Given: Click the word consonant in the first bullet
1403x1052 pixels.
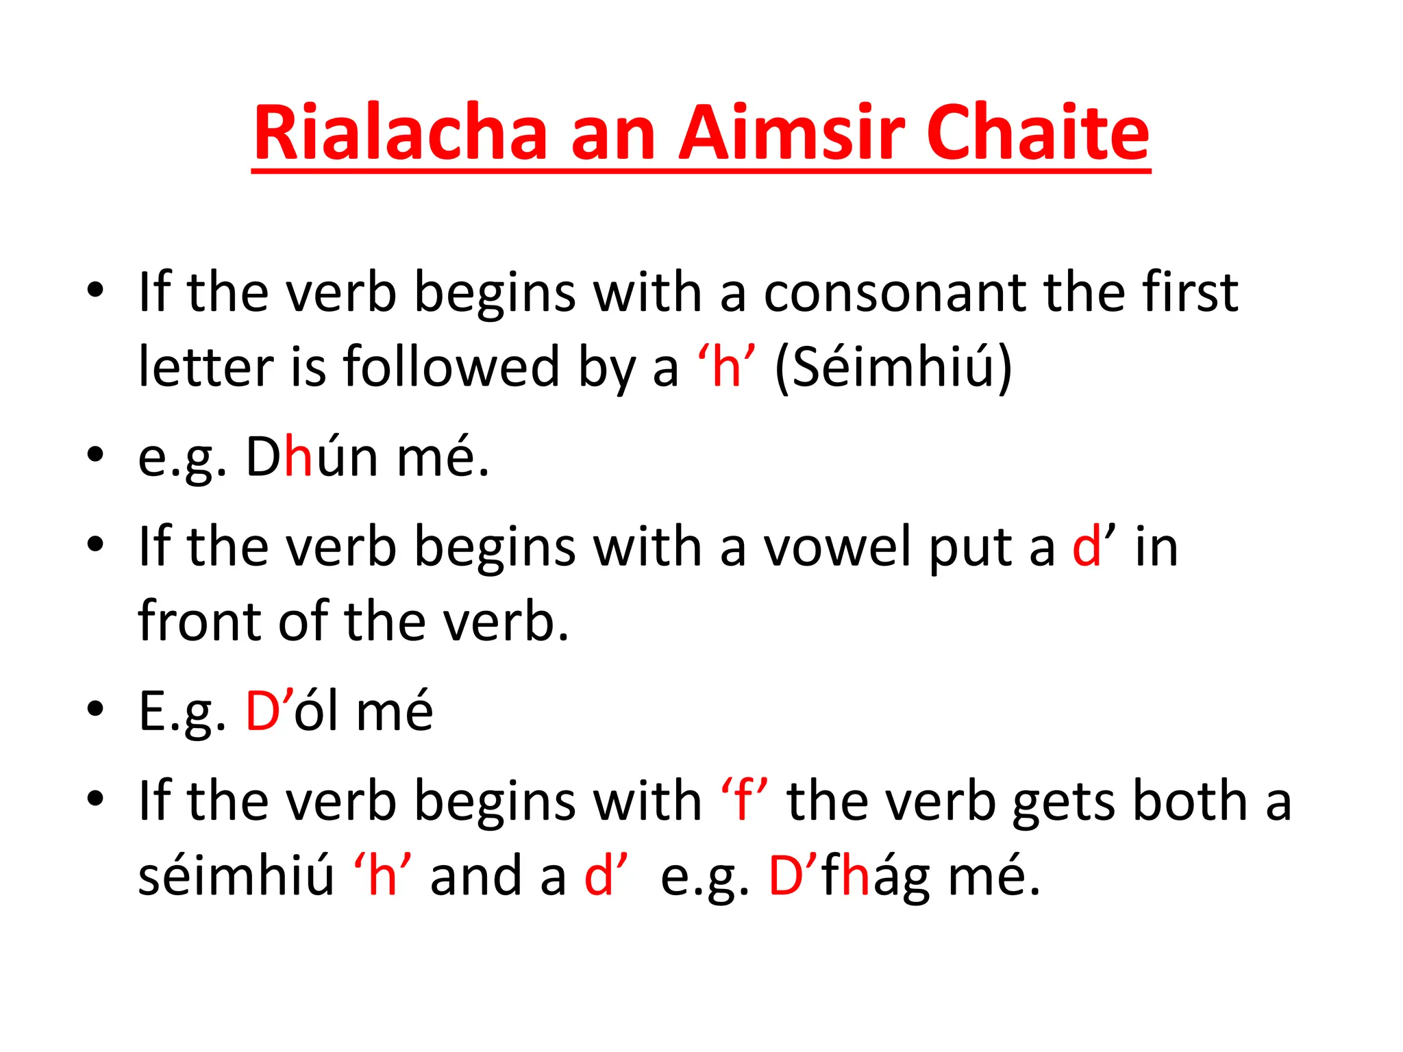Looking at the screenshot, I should pyautogui.click(x=895, y=293).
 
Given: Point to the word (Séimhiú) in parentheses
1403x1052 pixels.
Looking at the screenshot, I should pyautogui.click(x=893, y=368).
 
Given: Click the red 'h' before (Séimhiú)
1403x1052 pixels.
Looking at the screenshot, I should pyautogui.click(x=726, y=368).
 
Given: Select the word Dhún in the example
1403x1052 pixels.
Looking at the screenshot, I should pyautogui.click(x=312, y=457).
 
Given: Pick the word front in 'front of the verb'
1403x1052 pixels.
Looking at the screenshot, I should pyautogui.click(x=199, y=621).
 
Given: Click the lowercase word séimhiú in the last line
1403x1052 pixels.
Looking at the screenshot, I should pyautogui.click(x=236, y=876).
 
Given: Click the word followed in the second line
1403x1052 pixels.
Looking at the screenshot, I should pyautogui.click(x=452, y=368).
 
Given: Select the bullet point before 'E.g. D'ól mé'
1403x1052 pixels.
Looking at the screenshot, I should pyautogui.click(x=95, y=708).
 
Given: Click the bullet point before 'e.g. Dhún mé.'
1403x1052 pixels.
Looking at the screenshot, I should pyautogui.click(x=95, y=455).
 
